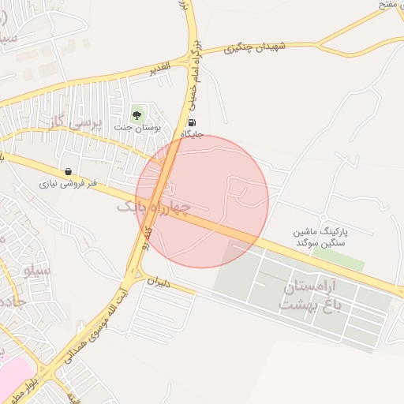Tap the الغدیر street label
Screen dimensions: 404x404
tap(161, 69)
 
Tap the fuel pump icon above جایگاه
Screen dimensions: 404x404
tap(192, 123)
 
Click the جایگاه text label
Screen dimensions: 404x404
tap(192, 134)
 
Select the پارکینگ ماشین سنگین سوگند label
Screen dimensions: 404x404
tap(320, 238)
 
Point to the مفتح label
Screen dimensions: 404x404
tap(386, 5)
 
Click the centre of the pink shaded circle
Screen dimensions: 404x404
tap(202, 201)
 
